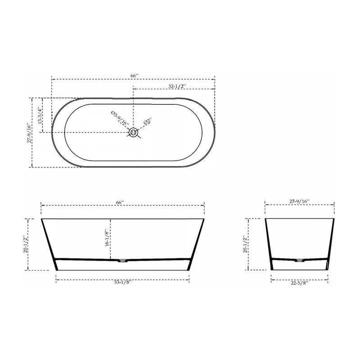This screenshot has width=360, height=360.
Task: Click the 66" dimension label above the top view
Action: click(134, 76)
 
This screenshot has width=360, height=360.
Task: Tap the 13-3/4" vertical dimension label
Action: click(40, 116)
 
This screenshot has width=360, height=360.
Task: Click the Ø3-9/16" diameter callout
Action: click(120, 118)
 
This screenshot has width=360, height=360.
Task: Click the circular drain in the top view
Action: click(133, 132)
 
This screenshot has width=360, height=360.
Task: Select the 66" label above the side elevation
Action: click(120, 203)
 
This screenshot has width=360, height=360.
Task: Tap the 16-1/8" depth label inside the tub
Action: click(107, 238)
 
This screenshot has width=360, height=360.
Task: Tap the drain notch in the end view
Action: click(299, 260)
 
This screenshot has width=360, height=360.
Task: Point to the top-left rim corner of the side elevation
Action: click(41, 219)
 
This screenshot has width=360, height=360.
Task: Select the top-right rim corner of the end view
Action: click(334, 219)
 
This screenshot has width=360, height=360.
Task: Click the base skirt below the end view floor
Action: click(299, 265)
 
